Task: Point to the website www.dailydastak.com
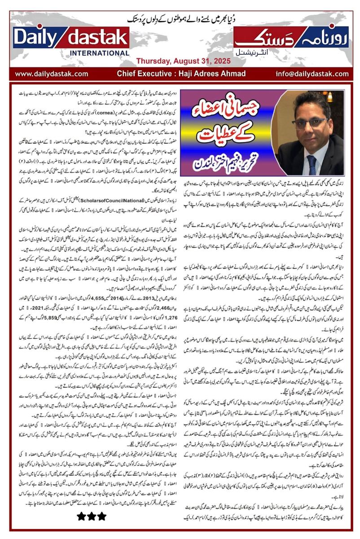pos(52,73)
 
